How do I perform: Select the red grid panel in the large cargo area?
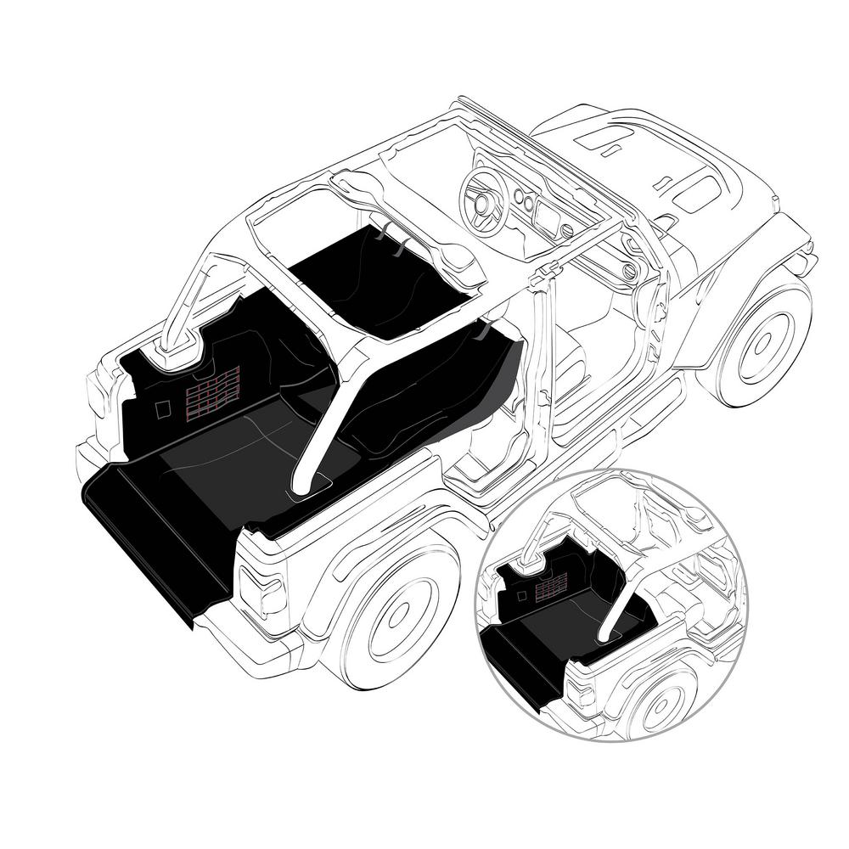pyautogui.click(x=212, y=390)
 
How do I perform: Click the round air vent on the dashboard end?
pyautogui.click(x=629, y=272)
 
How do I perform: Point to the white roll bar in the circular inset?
pyautogui.click(x=620, y=603)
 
